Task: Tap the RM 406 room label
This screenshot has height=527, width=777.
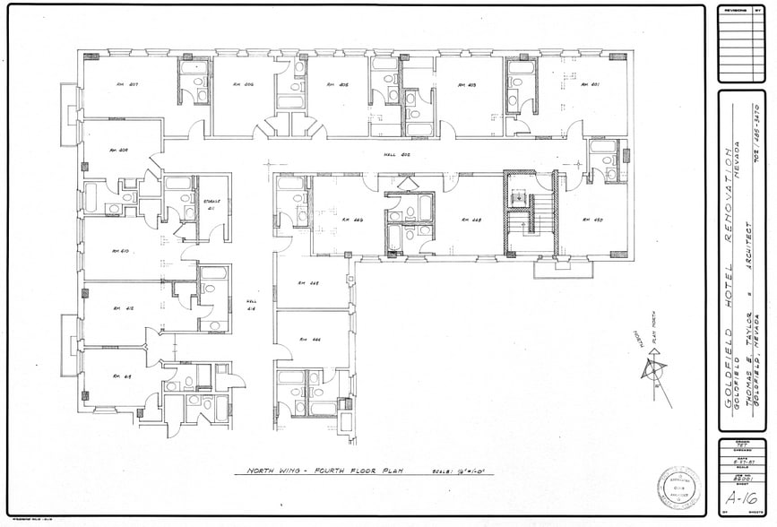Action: [x=243, y=85]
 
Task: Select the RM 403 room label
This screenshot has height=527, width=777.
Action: [x=466, y=85]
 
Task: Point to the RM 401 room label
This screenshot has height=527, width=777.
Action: [x=589, y=85]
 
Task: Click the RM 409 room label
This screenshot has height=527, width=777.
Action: [x=117, y=150]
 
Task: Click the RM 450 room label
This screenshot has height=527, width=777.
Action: [x=591, y=220]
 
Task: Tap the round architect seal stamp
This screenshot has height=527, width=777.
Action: [x=678, y=487]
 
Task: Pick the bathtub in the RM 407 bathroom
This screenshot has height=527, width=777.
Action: [x=194, y=67]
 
